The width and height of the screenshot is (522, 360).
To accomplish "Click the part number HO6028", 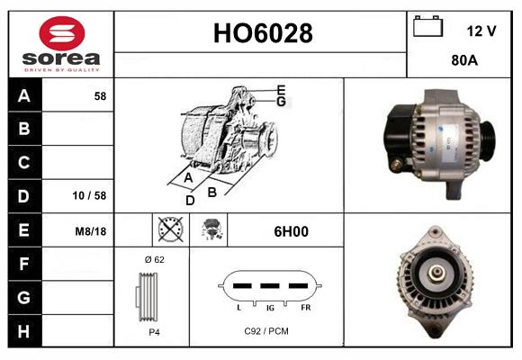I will tap(262, 33).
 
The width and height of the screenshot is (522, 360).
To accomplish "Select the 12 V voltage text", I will tap(481, 31).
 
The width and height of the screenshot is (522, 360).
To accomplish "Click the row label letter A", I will tap(23, 95).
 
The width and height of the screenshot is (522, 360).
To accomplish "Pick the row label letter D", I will tap(23, 195).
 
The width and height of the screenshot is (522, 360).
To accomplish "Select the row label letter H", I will tap(23, 330).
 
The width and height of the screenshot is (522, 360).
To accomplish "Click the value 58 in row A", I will tap(100, 95).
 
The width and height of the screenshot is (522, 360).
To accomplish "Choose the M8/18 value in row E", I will tap(91, 231).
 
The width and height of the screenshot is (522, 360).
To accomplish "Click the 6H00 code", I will tap(291, 231).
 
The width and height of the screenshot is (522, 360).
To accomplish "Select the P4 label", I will tap(153, 331).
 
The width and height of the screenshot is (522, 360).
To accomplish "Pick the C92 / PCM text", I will tap(265, 331).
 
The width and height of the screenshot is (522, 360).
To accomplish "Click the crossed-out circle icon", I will tap(169, 230).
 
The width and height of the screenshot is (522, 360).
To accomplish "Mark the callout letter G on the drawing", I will tap(281, 102).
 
